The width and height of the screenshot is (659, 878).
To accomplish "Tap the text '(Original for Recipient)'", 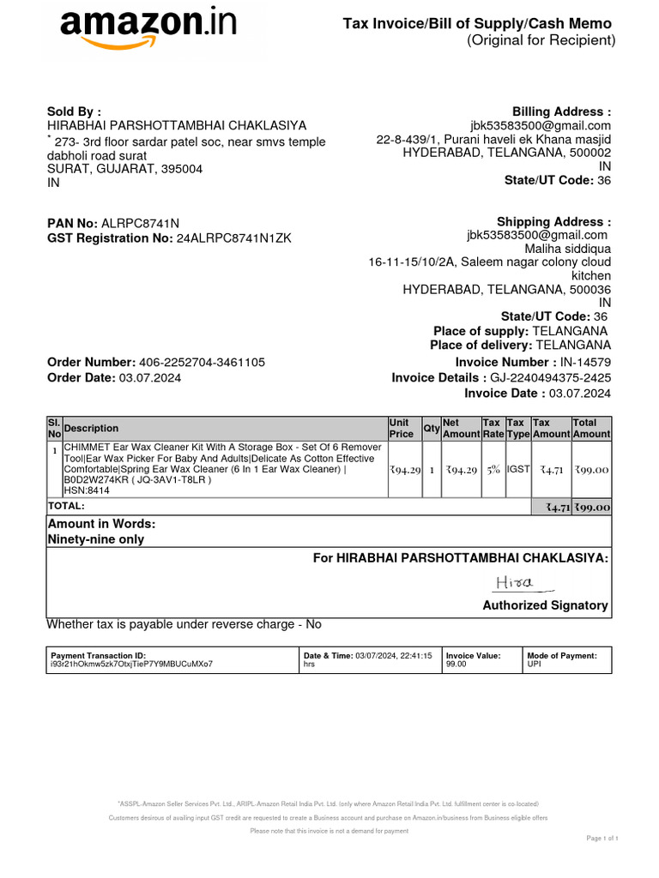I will (541, 40).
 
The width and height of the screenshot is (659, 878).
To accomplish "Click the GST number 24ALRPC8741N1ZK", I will (233, 238).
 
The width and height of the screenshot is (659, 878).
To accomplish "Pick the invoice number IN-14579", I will (585, 363).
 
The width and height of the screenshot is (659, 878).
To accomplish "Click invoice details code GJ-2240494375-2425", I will (550, 378).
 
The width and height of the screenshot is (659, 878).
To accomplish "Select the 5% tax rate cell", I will (492, 470).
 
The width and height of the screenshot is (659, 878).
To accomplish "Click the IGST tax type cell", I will (517, 470).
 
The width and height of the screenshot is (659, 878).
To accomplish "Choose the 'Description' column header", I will (92, 429).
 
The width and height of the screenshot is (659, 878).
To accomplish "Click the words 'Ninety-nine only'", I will (96, 539).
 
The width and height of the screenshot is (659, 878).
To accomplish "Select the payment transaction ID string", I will (132, 664).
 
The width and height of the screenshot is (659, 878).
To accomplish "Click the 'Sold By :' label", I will (74, 111).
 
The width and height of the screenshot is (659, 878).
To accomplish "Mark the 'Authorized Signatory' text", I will (546, 605).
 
